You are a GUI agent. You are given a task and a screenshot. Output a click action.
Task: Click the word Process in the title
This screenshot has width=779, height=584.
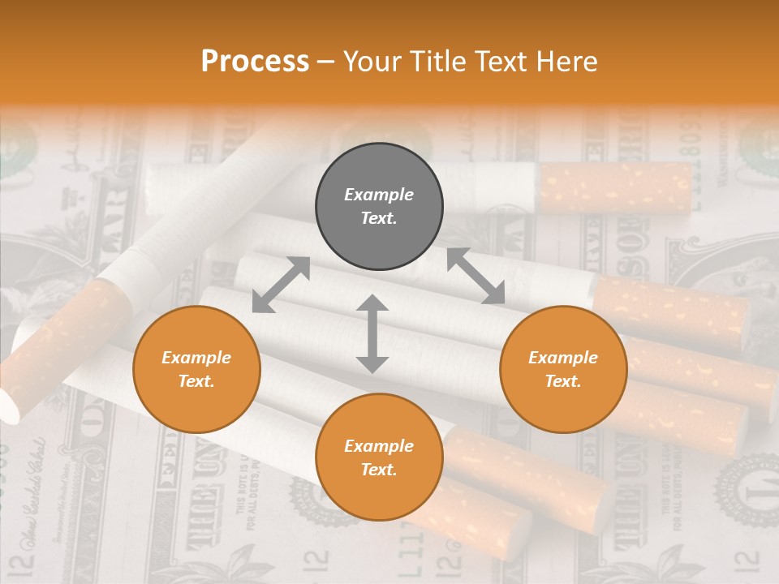point(255,62)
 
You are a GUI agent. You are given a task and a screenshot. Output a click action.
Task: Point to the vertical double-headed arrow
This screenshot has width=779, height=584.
point(372,334)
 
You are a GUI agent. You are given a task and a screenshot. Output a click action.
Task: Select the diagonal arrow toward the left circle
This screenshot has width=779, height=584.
point(281,284)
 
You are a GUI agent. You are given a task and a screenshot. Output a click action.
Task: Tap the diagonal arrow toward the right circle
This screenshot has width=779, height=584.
point(476,276)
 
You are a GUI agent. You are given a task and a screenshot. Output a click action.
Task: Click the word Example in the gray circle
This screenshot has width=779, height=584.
point(379,195)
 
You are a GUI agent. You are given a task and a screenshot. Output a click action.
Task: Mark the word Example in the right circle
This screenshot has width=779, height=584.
point(563,358)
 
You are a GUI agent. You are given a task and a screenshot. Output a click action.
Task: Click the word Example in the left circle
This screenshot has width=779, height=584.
point(196,358)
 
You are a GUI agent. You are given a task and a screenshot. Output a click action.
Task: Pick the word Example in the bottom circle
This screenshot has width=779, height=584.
point(379,446)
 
